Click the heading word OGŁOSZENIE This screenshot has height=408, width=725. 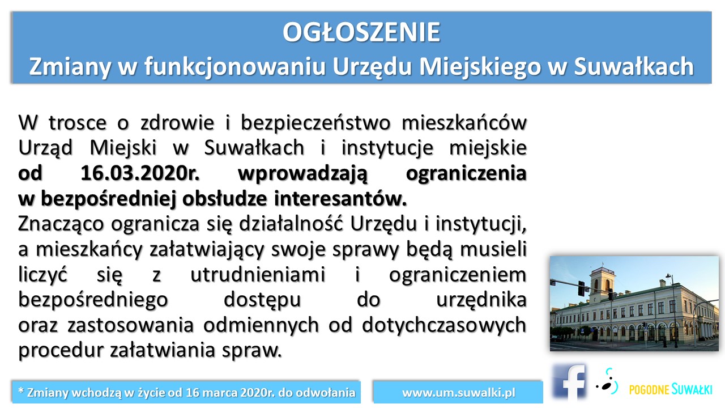[x=361, y=32]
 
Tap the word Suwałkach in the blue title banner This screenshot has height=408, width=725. [x=634, y=66]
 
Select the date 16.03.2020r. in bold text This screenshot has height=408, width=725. [x=139, y=173]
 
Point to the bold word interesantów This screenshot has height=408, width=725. [x=340, y=198]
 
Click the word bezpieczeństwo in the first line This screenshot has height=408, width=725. [x=315, y=124]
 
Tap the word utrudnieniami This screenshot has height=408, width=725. [x=258, y=275]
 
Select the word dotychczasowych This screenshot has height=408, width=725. [x=444, y=326]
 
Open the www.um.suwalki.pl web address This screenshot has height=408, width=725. [x=458, y=393]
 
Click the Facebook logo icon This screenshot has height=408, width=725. [x=570, y=382]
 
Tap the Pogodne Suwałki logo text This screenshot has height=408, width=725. [x=671, y=389]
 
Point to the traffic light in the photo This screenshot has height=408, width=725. [x=581, y=288]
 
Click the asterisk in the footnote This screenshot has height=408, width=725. [x=21, y=390]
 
